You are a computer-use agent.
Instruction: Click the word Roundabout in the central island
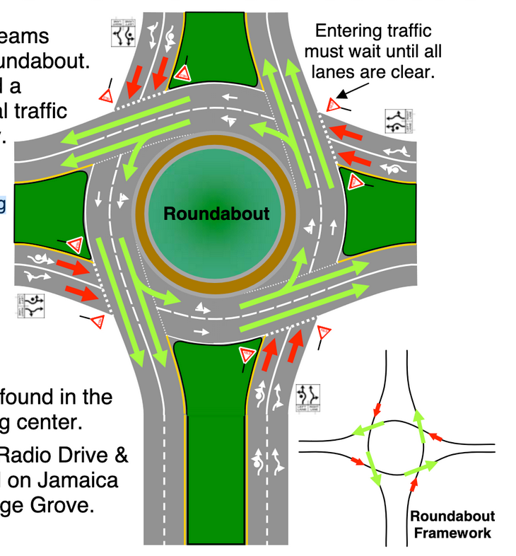click(217, 213)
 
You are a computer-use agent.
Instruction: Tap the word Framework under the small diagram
click(452, 533)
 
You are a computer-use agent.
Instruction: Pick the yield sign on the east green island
click(357, 181)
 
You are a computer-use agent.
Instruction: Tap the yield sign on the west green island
click(76, 245)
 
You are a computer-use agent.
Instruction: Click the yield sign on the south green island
click(247, 354)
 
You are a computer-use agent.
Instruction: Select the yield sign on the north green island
click(183, 72)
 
